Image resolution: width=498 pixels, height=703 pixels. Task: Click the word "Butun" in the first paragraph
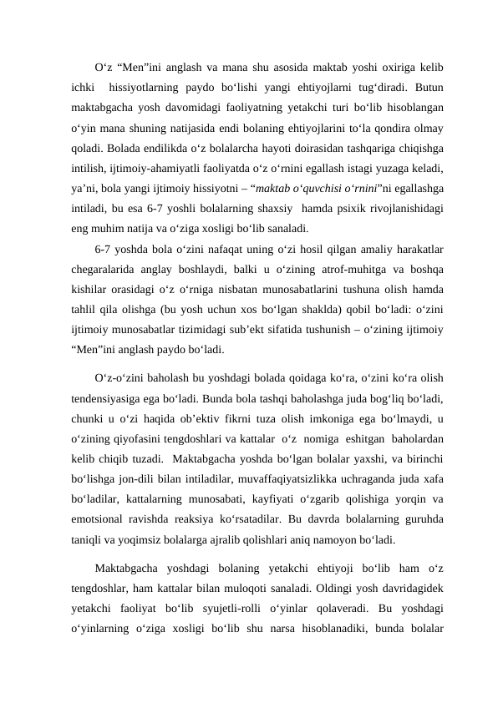428,86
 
